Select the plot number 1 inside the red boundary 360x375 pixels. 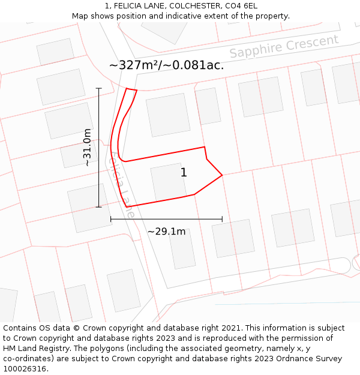(x=184, y=173)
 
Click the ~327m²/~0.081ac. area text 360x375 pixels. (x=167, y=65)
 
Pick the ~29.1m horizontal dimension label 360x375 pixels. (x=166, y=231)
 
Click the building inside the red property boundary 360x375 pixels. (x=168, y=182)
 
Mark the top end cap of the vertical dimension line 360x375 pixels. (x=99, y=88)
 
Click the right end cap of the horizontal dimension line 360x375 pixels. (x=222, y=220)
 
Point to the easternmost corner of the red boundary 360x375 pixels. (x=222, y=175)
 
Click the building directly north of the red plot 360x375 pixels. (x=168, y=115)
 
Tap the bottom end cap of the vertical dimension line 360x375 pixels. (x=99, y=207)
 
